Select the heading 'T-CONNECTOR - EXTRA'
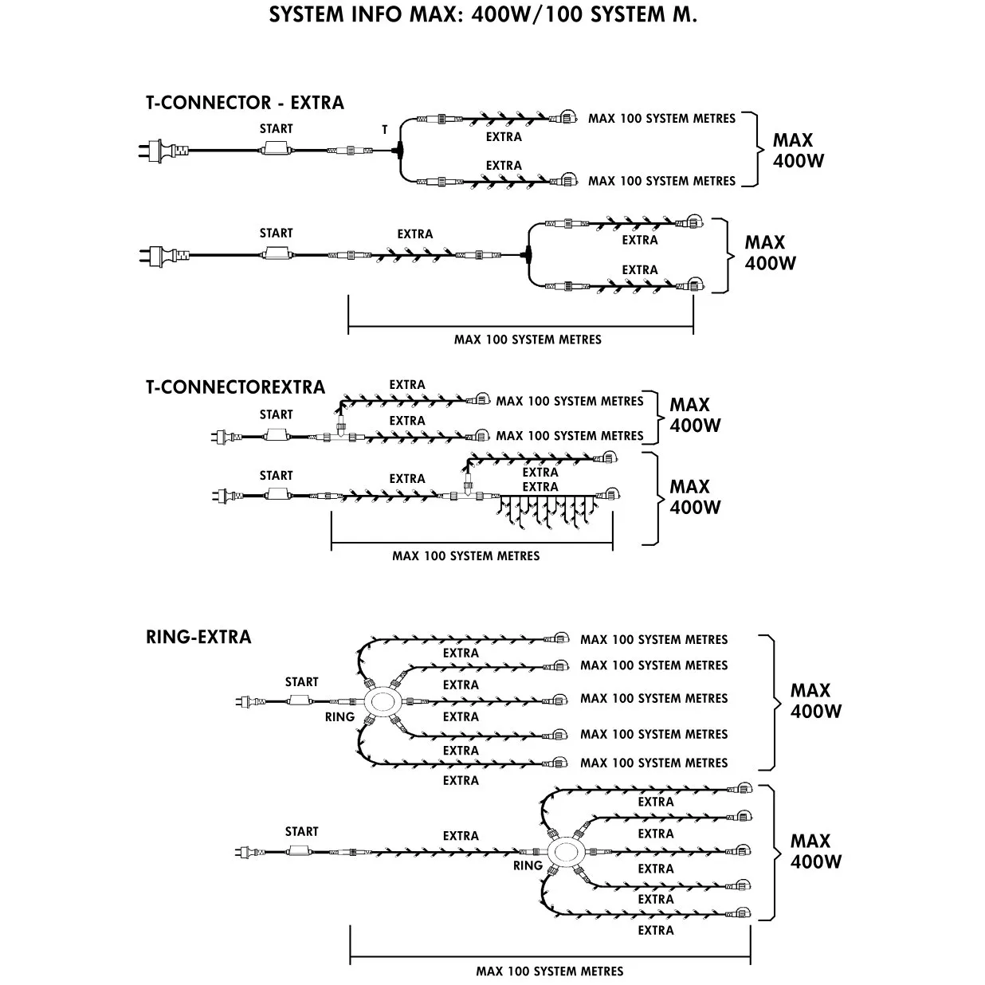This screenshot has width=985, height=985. coord(245,103)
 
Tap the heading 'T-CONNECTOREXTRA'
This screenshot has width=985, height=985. coord(235,387)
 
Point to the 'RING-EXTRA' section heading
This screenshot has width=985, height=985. coord(198,637)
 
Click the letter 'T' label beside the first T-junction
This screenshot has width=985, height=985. coord(385,129)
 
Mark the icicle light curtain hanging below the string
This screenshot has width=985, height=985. coord(550,514)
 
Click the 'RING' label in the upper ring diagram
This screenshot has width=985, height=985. coord(339,717)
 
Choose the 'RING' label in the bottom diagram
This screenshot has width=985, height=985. coord(528,865)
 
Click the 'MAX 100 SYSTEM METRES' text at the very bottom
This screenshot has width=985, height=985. coord(550,971)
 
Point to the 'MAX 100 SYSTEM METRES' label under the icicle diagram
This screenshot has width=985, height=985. coord(465,555)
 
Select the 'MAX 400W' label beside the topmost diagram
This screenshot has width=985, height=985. coord(798,150)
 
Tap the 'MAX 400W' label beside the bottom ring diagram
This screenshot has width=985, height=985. coord(815,851)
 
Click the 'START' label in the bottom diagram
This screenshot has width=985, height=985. coord(301,831)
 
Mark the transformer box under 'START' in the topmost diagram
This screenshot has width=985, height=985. coord(276,149)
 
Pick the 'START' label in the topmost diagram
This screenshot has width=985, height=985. coord(276,128)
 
